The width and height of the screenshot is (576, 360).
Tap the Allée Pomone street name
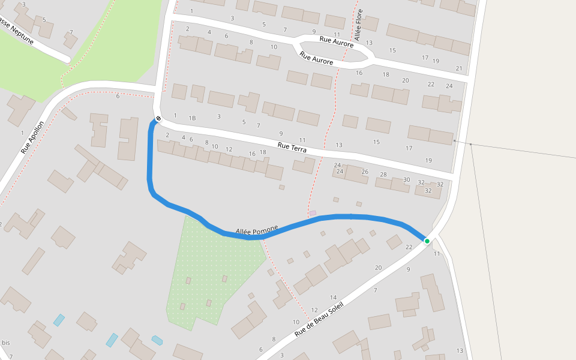(257, 230)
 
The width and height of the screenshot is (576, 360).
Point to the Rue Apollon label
(33, 137)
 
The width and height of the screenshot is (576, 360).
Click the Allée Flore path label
(359, 25)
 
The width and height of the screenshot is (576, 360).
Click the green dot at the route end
(427, 241)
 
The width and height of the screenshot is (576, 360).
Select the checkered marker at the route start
(158, 118)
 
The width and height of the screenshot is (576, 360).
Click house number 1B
(193, 118)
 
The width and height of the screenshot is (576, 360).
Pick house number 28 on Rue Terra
(384, 175)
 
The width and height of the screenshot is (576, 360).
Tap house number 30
(407, 180)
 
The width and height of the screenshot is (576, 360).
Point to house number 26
(365, 172)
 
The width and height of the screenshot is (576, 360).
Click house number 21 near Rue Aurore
(459, 68)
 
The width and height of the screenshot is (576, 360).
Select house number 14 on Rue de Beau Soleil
(333, 298)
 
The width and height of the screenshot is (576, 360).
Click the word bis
(6, 343)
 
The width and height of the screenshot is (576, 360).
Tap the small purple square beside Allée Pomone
(313, 213)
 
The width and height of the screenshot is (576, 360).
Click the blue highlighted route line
(150, 162)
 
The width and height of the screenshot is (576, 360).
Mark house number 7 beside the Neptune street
(71, 32)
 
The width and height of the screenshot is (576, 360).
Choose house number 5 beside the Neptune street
(44, 19)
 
